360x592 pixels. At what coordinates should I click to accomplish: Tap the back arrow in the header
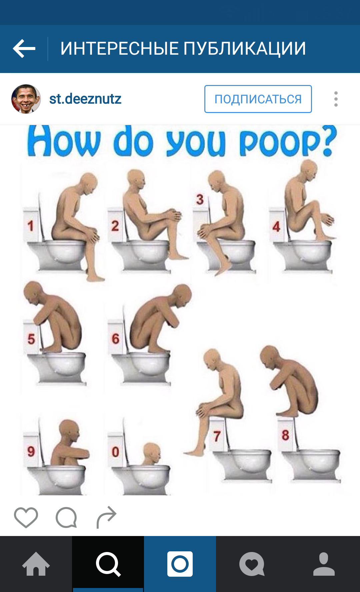pyautogui.click(x=24, y=49)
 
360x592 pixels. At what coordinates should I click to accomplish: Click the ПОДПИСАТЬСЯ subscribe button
pyautogui.click(x=258, y=99)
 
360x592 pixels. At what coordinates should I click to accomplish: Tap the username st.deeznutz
pyautogui.click(x=85, y=99)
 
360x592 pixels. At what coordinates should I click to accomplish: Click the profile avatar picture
pyautogui.click(x=26, y=99)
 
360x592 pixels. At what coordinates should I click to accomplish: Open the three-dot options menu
pyautogui.click(x=336, y=99)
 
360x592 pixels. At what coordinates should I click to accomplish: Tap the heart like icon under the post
pyautogui.click(x=26, y=517)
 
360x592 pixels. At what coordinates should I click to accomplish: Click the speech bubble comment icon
pyautogui.click(x=66, y=518)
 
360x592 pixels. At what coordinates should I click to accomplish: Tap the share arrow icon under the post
pyautogui.click(x=106, y=517)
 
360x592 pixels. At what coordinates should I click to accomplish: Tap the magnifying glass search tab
pyautogui.click(x=108, y=564)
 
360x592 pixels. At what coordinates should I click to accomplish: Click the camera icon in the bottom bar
pyautogui.click(x=180, y=564)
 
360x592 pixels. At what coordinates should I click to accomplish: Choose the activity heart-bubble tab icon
pyautogui.click(x=252, y=564)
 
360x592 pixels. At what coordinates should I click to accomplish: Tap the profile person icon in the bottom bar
pyautogui.click(x=324, y=564)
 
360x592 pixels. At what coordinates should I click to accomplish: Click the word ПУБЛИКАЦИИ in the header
pyautogui.click(x=244, y=49)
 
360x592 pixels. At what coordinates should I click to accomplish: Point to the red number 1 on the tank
pyautogui.click(x=31, y=226)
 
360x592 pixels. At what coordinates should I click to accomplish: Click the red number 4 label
pyautogui.click(x=276, y=227)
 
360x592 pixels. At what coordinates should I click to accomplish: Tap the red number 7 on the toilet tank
pyautogui.click(x=217, y=436)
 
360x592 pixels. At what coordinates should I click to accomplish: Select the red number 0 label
pyautogui.click(x=115, y=452)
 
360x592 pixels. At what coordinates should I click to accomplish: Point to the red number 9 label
pyautogui.click(x=31, y=451)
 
